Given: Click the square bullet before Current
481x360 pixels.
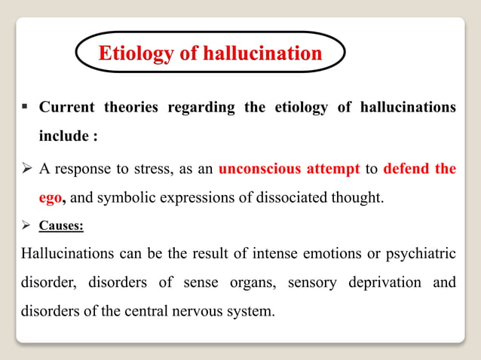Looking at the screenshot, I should coord(24,108).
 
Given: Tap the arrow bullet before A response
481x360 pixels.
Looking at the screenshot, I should coord(25,168).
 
